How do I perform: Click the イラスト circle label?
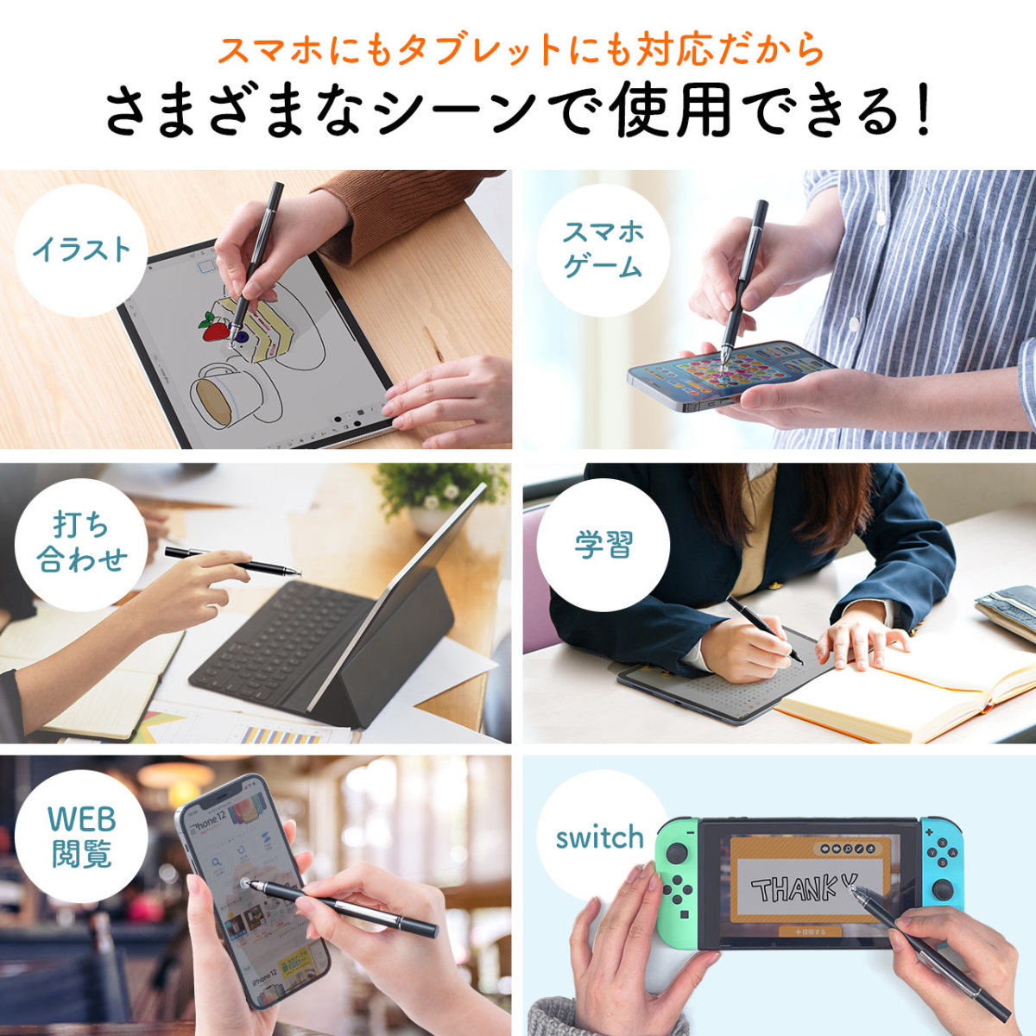coord(82,250)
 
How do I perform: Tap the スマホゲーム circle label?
coord(603,249)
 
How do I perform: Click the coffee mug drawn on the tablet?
coord(218,393)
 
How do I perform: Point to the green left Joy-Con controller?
coord(678,881)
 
